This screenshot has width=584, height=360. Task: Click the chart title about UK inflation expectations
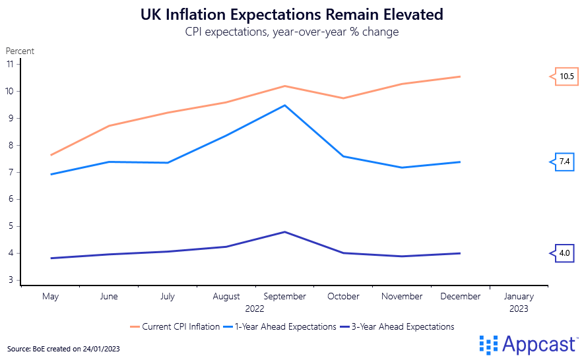tap(292, 14)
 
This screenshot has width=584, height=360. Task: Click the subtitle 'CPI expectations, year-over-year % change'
tap(292, 32)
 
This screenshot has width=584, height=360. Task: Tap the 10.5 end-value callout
tap(566, 76)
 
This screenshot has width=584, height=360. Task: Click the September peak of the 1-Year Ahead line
tap(284, 105)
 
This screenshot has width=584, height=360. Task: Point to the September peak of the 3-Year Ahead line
tap(284, 232)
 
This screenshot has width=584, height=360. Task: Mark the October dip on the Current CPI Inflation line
tap(343, 98)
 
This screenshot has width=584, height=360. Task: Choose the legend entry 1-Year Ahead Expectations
tap(281, 326)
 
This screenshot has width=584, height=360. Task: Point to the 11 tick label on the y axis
tap(10, 64)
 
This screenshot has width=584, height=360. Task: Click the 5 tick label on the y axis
tap(11, 226)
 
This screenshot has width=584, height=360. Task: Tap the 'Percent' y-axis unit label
tap(20, 51)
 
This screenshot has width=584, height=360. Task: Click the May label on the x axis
tap(51, 297)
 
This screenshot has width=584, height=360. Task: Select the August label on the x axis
tap(226, 297)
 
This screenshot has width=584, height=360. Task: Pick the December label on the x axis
tap(460, 297)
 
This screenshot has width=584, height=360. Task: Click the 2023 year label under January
tap(519, 308)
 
